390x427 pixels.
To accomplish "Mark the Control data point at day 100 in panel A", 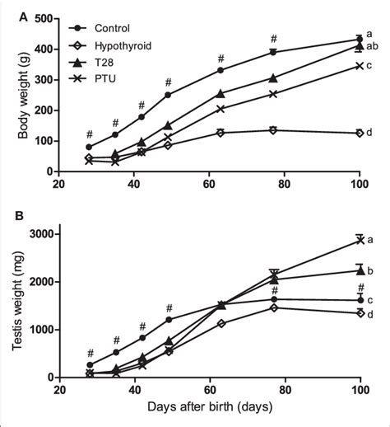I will pyautogui.click(x=359, y=40).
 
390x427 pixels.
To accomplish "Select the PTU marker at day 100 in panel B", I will pyautogui.click(x=359, y=240).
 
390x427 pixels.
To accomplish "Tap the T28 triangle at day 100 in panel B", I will pyautogui.click(x=359, y=270).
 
